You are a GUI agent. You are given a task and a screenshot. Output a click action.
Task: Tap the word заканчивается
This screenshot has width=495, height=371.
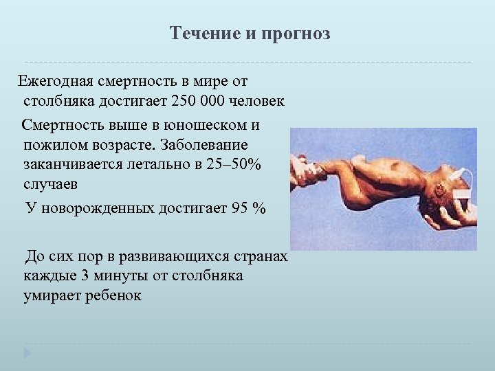coord(76,166)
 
